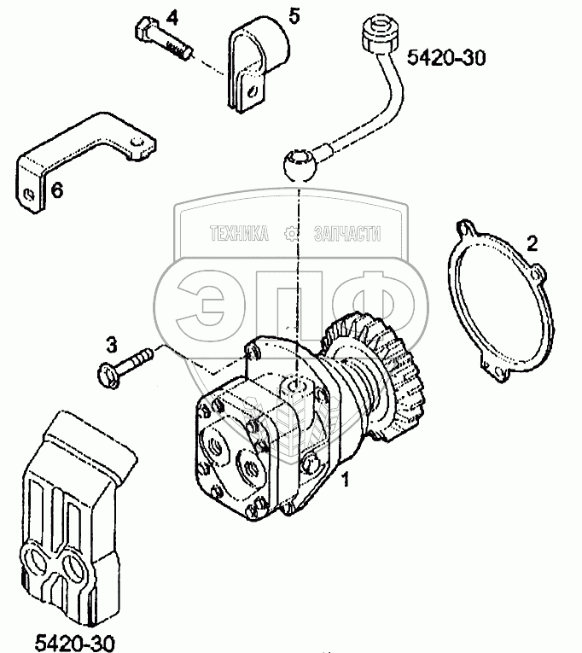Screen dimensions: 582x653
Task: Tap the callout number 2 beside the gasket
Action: tap(531, 244)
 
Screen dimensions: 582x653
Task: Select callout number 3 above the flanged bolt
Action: tap(111, 346)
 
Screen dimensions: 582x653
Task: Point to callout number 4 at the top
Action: tap(172, 18)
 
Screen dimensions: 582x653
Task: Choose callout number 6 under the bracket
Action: tap(57, 190)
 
